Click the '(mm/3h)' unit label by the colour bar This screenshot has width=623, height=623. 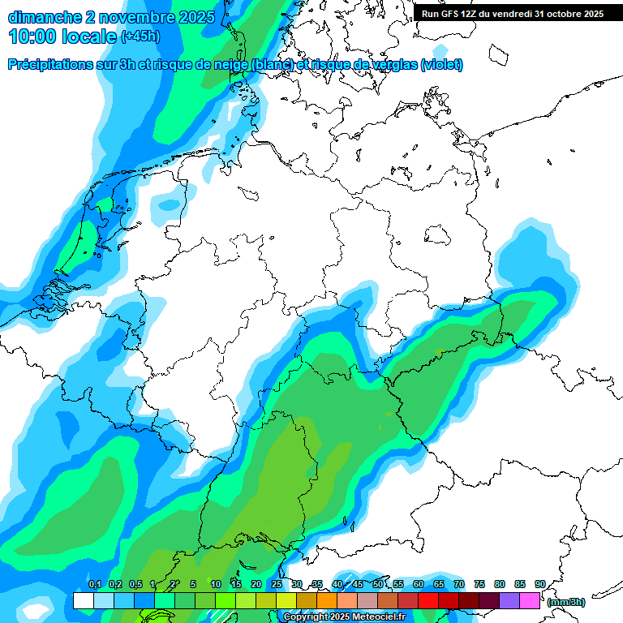pyautogui.click(x=566, y=602)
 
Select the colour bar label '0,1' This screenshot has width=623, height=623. pyautogui.click(x=94, y=585)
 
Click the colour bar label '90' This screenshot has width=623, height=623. pyautogui.click(x=540, y=585)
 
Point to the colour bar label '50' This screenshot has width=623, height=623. pyautogui.click(x=378, y=585)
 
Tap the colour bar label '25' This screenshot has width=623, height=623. pyautogui.click(x=277, y=585)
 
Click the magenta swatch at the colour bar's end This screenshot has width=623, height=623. pyautogui.click(x=530, y=600)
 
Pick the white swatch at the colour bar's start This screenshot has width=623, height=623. pyautogui.click(x=83, y=600)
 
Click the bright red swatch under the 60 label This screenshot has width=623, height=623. pyautogui.click(x=428, y=600)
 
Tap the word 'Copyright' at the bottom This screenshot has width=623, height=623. pyautogui.click(x=306, y=617)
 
